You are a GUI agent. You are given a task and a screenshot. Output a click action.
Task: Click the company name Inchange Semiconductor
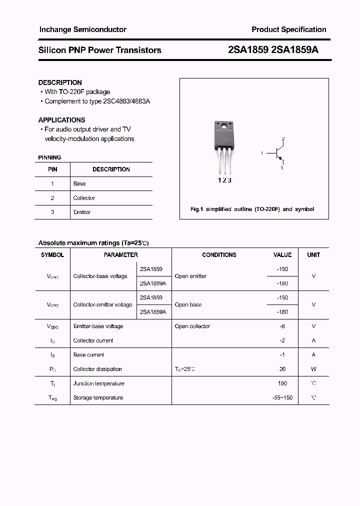coord(82,29)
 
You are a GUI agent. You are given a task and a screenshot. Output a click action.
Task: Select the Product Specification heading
coord(288,29)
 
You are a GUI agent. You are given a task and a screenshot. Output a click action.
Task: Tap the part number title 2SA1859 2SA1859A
coord(272,50)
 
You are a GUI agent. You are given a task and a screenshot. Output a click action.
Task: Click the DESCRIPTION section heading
coord(60,82)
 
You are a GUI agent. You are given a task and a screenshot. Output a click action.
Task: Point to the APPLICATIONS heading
coord(61,120)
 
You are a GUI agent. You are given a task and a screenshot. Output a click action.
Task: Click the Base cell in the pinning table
coord(79,183)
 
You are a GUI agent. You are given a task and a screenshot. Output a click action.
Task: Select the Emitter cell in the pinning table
coord(82,212)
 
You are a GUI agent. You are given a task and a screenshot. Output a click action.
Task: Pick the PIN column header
coord(52,169)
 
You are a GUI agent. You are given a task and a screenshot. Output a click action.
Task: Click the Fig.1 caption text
coord(252,209)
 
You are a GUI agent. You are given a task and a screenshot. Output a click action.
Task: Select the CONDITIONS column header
coord(219,255)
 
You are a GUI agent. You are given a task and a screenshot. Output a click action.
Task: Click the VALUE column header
coord(282,255)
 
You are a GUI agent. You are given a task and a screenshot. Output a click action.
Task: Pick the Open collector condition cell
coord(192,326)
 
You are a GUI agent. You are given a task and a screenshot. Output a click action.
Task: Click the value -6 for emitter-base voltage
coord(282,326)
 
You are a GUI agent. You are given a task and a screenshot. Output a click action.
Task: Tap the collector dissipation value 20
coord(282,369)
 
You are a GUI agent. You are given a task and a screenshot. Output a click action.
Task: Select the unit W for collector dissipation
coord(313,369)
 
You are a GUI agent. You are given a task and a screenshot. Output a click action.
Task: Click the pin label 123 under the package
coord(224,180)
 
